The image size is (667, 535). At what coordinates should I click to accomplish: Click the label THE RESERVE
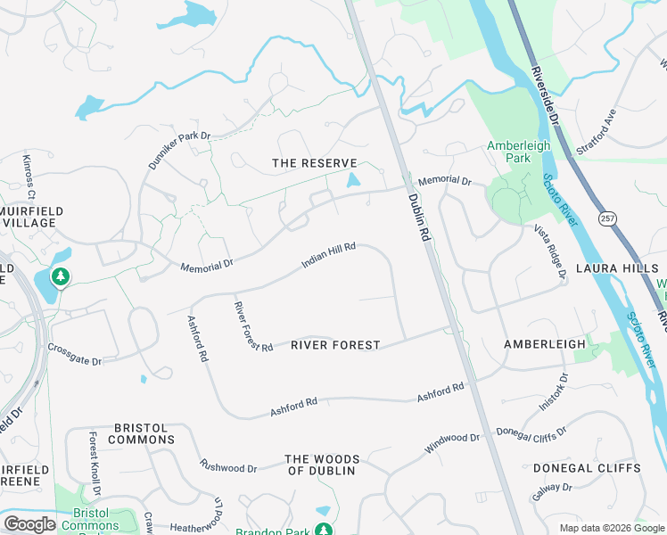[x=314, y=163]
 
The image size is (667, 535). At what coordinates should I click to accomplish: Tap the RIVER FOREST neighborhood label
[x=335, y=345]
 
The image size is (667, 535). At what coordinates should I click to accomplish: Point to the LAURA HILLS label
[x=616, y=267]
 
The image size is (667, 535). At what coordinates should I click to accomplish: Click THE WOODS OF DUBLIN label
[x=320, y=465]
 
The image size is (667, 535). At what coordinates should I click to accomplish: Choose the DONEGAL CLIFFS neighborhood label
[x=586, y=468]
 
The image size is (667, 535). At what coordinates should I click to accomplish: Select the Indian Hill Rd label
[x=329, y=256]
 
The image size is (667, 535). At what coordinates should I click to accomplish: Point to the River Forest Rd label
[x=253, y=326]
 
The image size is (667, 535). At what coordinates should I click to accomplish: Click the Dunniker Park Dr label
[x=178, y=152]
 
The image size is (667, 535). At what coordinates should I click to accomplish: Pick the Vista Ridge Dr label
[x=550, y=251]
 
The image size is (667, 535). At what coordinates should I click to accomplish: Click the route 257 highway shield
[x=608, y=218]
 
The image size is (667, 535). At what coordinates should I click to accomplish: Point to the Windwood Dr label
[x=452, y=443]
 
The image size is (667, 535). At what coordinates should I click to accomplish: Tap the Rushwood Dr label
[x=228, y=466]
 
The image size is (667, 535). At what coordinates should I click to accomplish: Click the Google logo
[x=29, y=523]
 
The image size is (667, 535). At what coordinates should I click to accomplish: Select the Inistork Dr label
[x=553, y=391]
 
